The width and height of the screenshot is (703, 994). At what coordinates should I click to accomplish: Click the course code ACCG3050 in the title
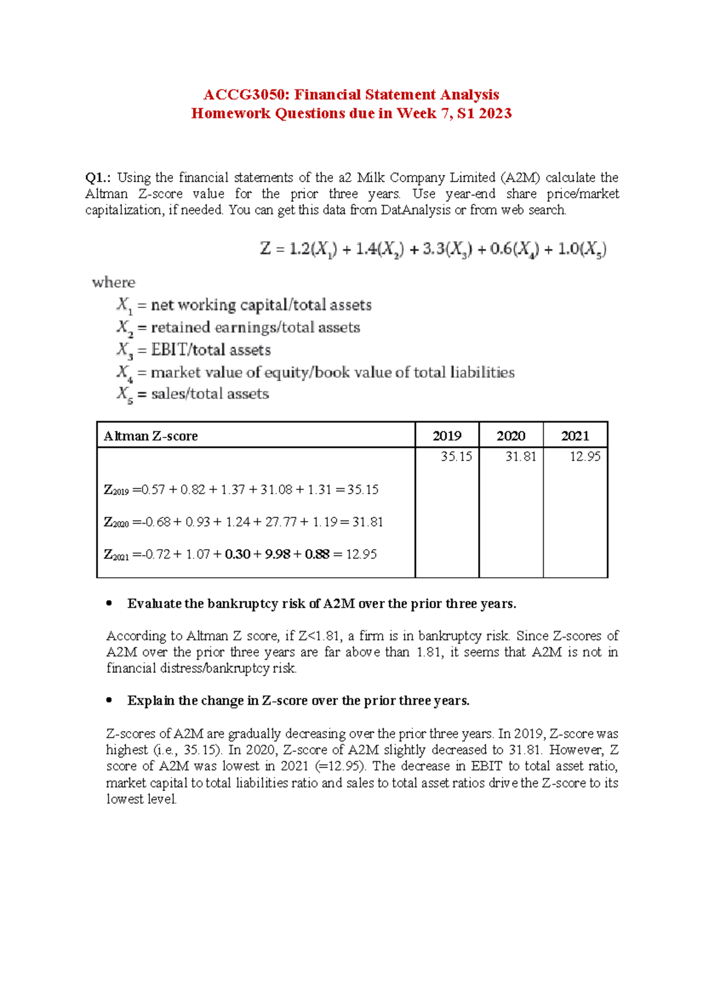point(245,95)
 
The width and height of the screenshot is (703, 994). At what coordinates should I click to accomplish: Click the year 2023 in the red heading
point(496,114)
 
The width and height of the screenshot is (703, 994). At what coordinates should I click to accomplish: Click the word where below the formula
point(114,282)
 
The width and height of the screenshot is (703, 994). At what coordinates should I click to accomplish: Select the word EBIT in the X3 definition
point(170,350)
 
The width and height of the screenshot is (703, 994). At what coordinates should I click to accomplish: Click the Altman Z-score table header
point(151,436)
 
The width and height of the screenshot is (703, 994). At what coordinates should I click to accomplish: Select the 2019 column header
point(446,436)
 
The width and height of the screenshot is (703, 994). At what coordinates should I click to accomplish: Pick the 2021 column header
point(575,436)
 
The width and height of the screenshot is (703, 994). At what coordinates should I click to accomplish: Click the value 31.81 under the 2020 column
point(521,457)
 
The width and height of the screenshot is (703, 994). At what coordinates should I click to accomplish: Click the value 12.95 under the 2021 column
point(585,457)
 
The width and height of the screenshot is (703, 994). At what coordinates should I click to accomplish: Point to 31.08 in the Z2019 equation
point(276,489)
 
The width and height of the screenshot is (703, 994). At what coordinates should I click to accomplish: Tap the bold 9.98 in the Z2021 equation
point(277,554)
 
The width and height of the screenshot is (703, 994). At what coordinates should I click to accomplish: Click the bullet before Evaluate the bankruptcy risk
point(109,604)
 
